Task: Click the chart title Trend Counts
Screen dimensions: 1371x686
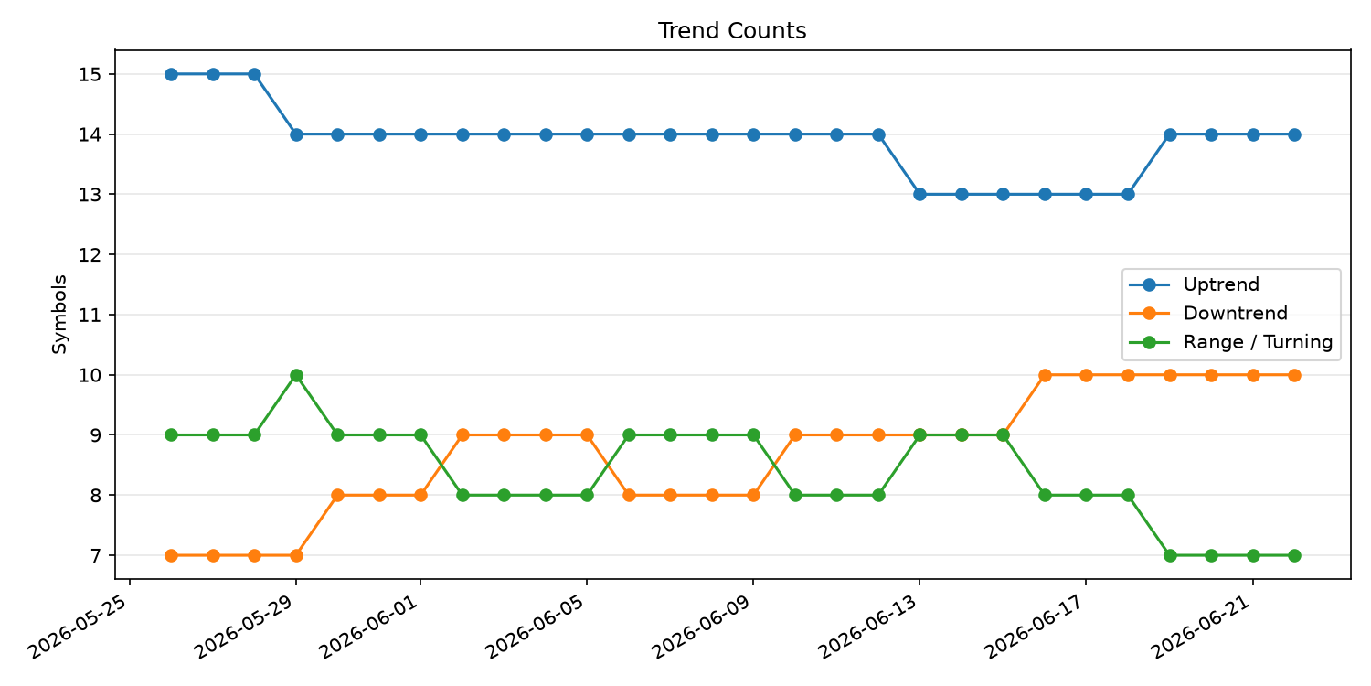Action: [732, 30]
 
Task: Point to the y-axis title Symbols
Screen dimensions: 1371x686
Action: [59, 315]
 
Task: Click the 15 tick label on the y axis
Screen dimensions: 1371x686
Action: [90, 75]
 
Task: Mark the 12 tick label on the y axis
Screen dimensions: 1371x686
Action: [90, 255]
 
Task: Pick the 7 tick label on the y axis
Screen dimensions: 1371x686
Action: [95, 555]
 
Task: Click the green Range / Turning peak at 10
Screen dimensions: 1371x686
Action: [296, 375]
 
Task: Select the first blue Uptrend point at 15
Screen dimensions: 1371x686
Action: [172, 75]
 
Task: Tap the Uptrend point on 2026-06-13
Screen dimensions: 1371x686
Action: [919, 195]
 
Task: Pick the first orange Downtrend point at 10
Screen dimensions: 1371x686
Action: [1045, 375]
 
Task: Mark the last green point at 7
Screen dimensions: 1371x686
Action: [1294, 555]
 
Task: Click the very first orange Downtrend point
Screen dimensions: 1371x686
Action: [172, 555]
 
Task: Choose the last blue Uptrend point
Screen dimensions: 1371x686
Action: [1294, 134]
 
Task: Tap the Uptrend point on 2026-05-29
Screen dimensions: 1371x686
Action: [296, 134]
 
